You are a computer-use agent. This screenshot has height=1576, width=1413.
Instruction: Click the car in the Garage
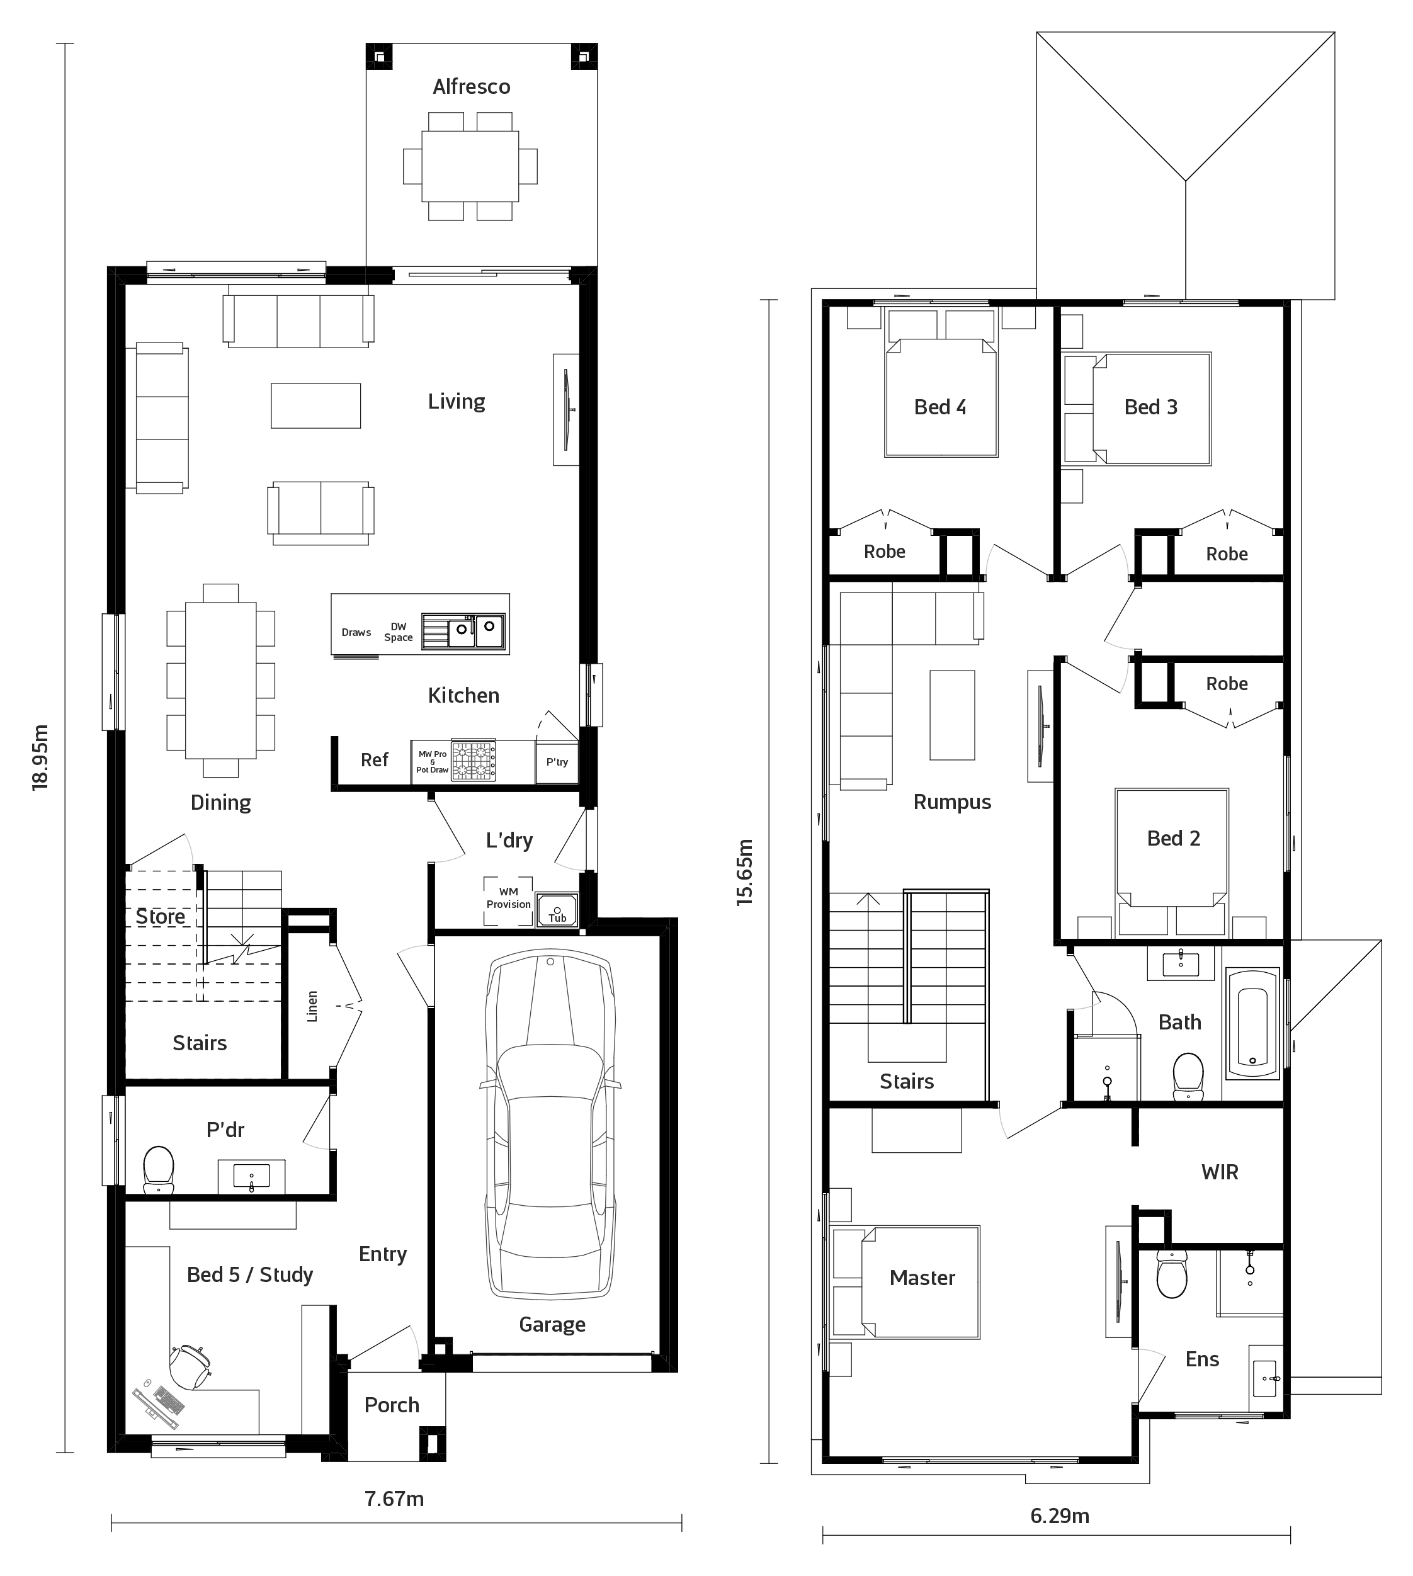click(550, 1126)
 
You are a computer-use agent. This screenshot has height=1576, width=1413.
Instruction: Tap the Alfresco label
click(471, 87)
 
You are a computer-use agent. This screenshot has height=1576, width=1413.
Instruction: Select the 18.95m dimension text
click(40, 757)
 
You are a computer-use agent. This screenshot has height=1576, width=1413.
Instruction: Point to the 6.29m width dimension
click(1060, 1516)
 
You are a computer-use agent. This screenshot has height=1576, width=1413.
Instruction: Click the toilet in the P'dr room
click(159, 1169)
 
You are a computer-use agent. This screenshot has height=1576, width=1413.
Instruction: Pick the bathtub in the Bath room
click(1252, 1024)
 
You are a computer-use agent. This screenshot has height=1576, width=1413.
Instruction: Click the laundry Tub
click(557, 910)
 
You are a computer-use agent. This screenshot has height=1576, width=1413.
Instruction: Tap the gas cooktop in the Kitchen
click(474, 761)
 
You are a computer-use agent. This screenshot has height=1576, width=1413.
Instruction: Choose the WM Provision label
click(509, 899)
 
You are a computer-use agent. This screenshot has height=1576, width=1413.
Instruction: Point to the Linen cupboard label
click(312, 1006)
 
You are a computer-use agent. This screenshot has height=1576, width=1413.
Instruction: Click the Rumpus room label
click(952, 802)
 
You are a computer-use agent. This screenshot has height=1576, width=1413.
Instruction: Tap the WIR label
click(1220, 1172)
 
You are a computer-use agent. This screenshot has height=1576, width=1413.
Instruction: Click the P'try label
click(557, 762)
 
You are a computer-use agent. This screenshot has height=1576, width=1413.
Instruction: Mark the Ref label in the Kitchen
click(374, 760)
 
